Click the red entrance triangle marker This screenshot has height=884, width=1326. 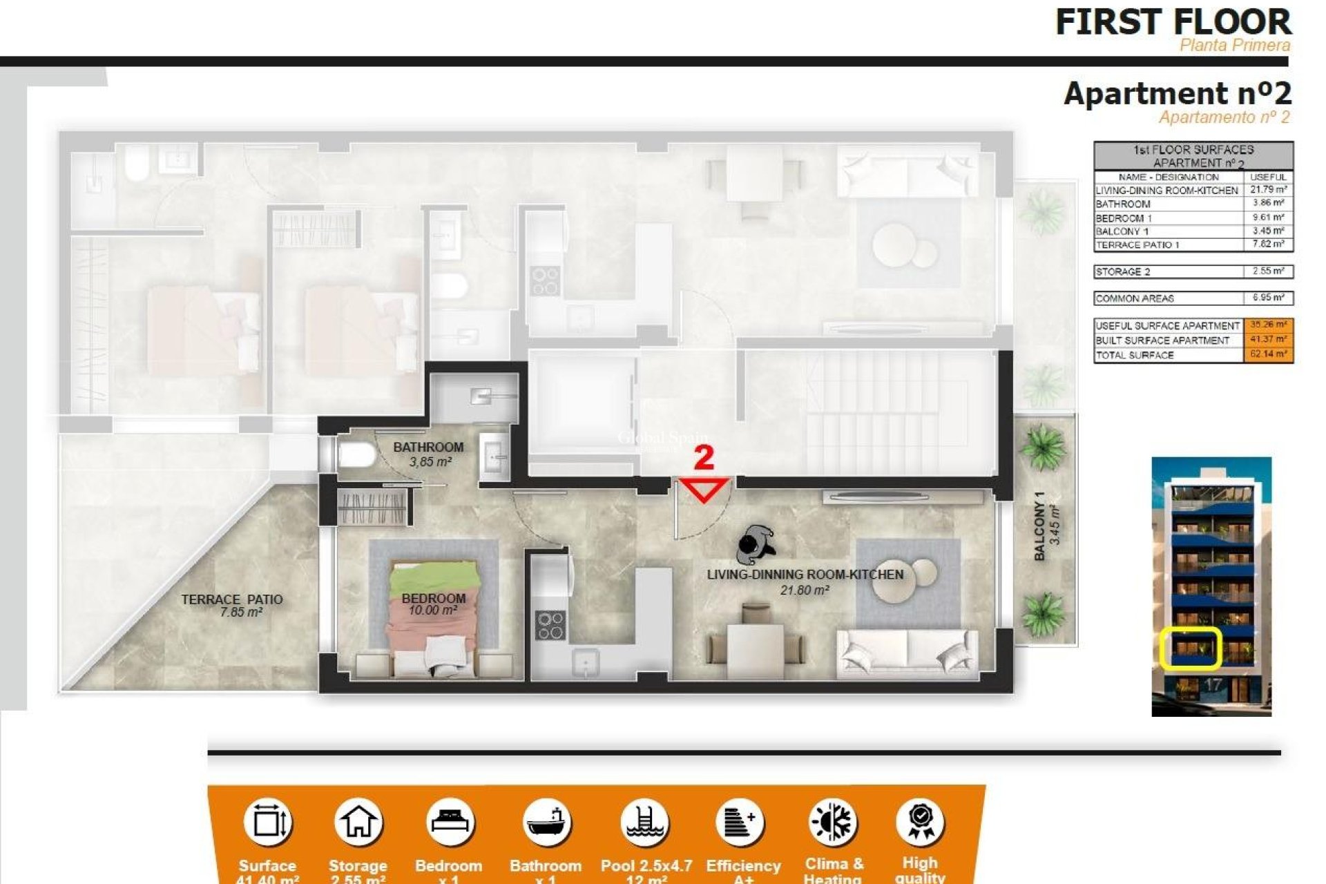[704, 490]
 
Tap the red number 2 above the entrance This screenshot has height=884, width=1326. [703, 458]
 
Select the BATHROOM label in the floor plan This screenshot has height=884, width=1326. [428, 448]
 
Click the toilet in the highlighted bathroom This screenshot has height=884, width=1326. [355, 456]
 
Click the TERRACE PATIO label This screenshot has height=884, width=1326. [232, 599]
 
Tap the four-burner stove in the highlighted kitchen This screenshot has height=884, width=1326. [550, 625]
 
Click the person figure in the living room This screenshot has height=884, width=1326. [756, 545]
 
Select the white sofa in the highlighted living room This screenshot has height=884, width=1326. [907, 653]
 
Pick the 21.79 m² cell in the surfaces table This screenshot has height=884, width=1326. [1268, 190]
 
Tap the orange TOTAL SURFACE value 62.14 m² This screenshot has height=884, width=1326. [1268, 355]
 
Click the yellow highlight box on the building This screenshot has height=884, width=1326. [1190, 648]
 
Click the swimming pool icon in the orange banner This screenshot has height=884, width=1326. [645, 823]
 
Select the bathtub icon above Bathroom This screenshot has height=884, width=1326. [546, 823]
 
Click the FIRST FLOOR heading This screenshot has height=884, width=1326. [1173, 22]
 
